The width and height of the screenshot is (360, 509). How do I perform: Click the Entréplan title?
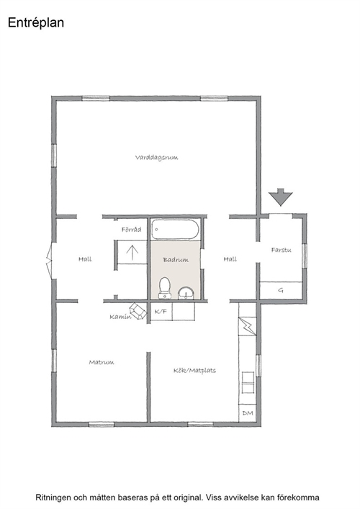[36, 23]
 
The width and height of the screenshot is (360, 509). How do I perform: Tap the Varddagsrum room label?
[156, 158]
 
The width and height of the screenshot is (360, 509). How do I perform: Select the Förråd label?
[132, 230]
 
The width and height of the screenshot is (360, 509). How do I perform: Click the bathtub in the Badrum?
[175, 230]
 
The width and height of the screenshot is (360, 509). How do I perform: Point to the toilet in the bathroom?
[165, 287]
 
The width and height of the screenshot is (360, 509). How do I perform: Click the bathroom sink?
[186, 293]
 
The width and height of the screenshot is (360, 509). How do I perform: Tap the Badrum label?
[176, 260]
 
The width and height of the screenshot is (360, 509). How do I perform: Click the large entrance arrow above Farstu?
[281, 197]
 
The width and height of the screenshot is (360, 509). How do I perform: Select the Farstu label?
[281, 250]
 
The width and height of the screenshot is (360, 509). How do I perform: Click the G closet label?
[281, 290]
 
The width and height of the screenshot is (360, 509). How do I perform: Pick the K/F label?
[161, 312]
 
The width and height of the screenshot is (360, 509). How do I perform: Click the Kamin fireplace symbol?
[138, 311]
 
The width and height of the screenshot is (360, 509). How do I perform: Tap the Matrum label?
[102, 362]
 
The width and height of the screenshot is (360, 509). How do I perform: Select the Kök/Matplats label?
[194, 370]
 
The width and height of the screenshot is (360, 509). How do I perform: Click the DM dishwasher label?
[248, 413]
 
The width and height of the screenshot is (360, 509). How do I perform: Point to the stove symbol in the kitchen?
[248, 326]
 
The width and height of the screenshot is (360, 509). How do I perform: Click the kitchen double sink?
[248, 383]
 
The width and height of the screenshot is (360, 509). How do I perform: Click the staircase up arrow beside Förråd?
[132, 253]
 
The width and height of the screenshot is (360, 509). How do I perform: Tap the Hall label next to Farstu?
[230, 259]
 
